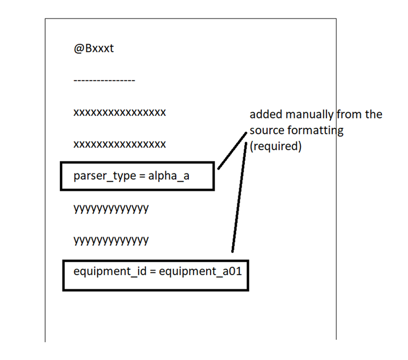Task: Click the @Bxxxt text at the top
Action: [x=94, y=48]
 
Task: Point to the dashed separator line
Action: [x=104, y=80]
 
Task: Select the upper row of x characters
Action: [x=120, y=113]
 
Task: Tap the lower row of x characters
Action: [x=120, y=144]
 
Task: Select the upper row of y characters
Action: [x=111, y=208]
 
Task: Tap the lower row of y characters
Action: [x=111, y=240]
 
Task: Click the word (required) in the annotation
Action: [x=276, y=146]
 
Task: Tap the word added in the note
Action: [x=263, y=115]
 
